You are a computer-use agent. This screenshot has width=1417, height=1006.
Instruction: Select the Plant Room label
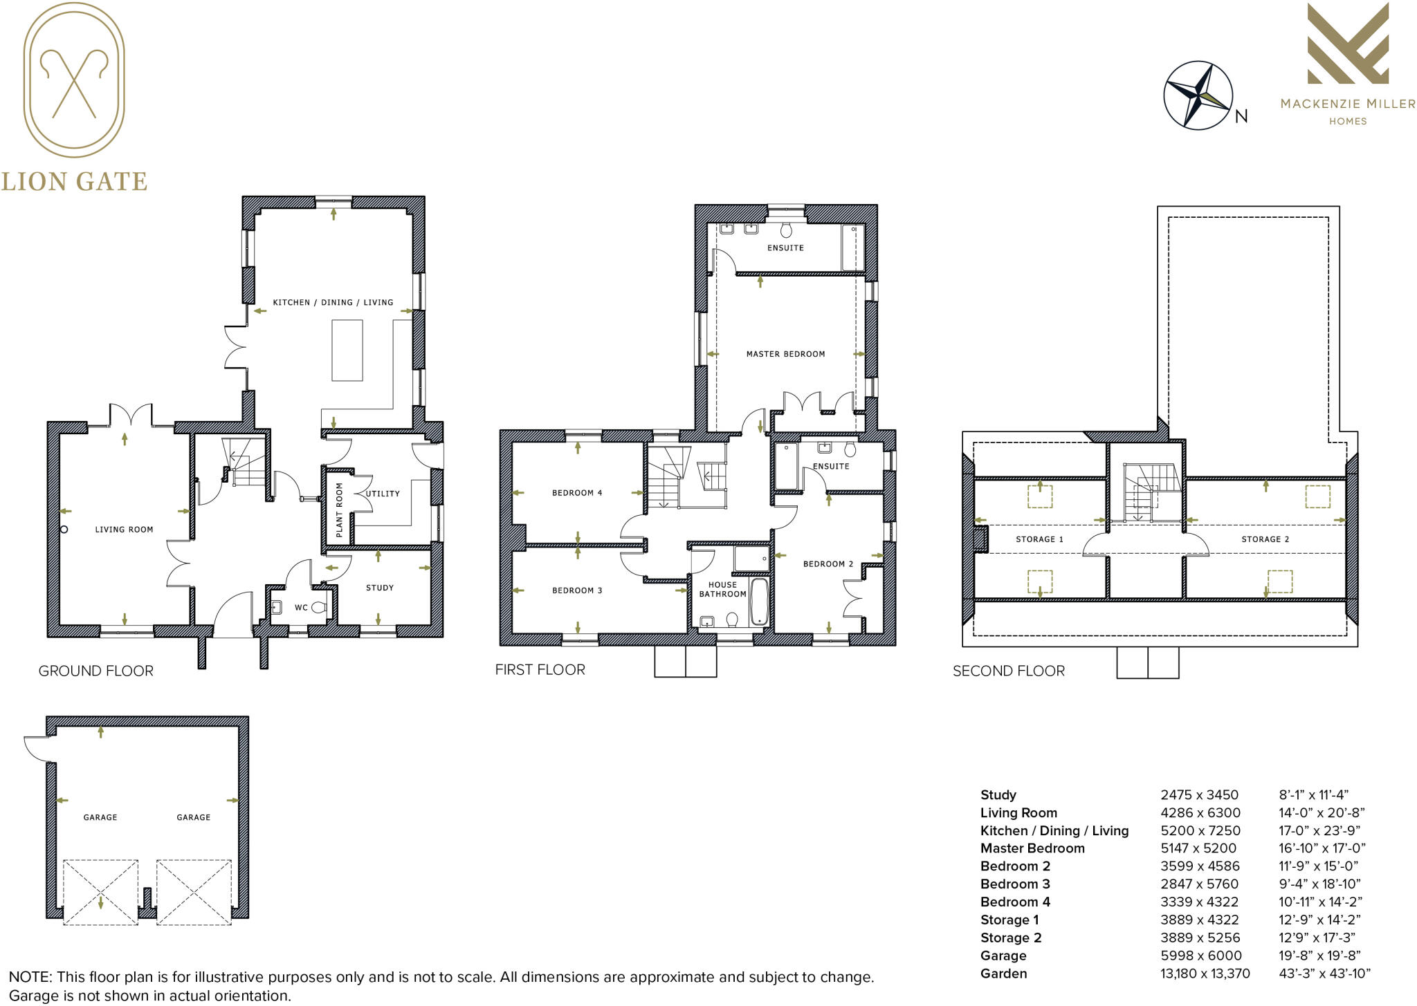coord(339,510)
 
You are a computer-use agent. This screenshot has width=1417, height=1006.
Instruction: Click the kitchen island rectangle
coord(347,350)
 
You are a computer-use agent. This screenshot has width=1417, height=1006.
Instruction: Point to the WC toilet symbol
coord(319,608)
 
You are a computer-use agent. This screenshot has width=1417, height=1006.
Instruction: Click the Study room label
coord(379,588)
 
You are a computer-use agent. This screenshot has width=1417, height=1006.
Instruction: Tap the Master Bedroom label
coord(785,354)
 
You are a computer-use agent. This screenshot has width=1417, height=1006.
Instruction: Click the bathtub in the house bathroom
coord(759,601)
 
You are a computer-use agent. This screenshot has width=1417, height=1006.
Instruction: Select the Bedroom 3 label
coord(577,590)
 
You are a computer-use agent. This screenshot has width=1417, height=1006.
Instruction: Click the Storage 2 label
coord(1265,539)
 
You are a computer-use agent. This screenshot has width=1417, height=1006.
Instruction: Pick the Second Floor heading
coord(1008,671)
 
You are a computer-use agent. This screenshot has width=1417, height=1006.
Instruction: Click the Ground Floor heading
coord(95,671)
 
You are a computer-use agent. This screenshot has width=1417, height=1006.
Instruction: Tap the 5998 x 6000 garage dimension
coord(1200,956)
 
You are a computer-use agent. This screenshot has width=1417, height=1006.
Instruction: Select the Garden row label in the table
coord(1003,974)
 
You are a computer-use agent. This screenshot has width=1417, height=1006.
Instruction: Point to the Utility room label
coord(383,494)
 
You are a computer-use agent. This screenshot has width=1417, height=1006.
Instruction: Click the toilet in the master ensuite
coord(786,230)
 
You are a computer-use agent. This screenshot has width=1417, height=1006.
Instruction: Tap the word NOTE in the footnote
coord(30,977)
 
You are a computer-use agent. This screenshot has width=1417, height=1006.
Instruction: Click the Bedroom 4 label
coord(577,493)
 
